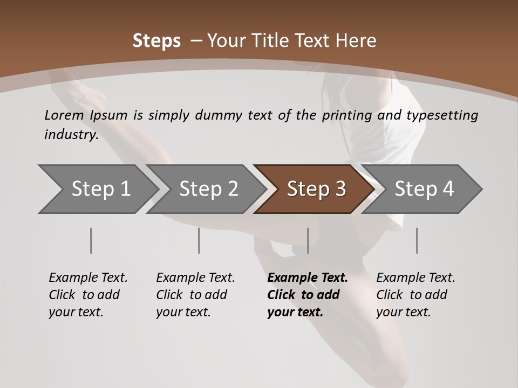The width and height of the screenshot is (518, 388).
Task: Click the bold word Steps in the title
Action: coord(156,41)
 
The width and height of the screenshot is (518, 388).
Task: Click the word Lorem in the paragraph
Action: coord(64,115)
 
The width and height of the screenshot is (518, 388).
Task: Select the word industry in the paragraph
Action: coord(71,134)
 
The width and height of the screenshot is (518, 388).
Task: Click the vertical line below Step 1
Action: coord(91,240)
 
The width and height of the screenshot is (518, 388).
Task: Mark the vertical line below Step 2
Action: coord(199,240)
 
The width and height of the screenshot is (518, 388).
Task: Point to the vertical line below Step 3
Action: coord(308,240)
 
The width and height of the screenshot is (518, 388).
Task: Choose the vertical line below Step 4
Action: coord(417,240)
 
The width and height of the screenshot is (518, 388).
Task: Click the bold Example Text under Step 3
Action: coord(308,278)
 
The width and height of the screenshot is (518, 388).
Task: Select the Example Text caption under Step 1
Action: coord(88,278)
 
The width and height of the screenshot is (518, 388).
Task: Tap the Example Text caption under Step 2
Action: coord(195,278)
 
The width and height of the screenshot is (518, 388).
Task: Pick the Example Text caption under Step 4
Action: coord(415,278)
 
